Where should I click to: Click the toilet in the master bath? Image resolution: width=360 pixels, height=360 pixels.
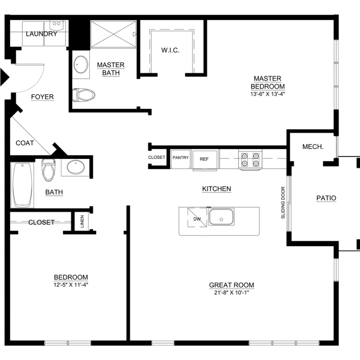pyautogui.click(x=84, y=95)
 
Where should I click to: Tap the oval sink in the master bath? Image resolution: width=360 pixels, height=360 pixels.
pyautogui.click(x=81, y=65)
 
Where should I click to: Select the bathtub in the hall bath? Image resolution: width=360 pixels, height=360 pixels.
pyautogui.click(x=22, y=185)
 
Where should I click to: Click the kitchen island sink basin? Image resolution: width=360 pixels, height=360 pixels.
pyautogui.click(x=221, y=217)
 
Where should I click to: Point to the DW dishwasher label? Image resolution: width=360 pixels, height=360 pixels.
pyautogui.click(x=197, y=219)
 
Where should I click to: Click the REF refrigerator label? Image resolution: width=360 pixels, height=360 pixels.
pyautogui.click(x=204, y=159)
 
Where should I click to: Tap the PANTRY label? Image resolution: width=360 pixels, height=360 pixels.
pyautogui.click(x=181, y=157)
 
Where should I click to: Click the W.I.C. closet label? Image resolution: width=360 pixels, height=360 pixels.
pyautogui.click(x=170, y=50)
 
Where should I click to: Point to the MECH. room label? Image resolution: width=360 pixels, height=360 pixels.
pyautogui.click(x=313, y=147)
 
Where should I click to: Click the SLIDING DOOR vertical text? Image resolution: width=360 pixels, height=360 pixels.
pyautogui.click(x=283, y=202)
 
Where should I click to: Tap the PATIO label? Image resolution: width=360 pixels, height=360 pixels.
pyautogui.click(x=326, y=198)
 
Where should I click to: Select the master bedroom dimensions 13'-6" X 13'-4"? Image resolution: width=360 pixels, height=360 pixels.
pyautogui.click(x=268, y=94)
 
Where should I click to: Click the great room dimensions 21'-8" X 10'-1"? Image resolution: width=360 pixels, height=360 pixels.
pyautogui.click(x=231, y=292)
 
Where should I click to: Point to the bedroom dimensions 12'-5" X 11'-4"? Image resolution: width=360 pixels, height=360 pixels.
pyautogui.click(x=71, y=285)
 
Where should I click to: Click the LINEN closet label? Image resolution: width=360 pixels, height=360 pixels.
pyautogui.click(x=82, y=221)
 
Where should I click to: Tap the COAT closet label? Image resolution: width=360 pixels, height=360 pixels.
pyautogui.click(x=25, y=143)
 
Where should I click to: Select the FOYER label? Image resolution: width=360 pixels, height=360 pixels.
pyautogui.click(x=43, y=97)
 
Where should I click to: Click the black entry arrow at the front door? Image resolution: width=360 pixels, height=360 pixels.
pyautogui.click(x=5, y=77)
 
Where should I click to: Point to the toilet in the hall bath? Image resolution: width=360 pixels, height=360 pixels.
pyautogui.click(x=48, y=170)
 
